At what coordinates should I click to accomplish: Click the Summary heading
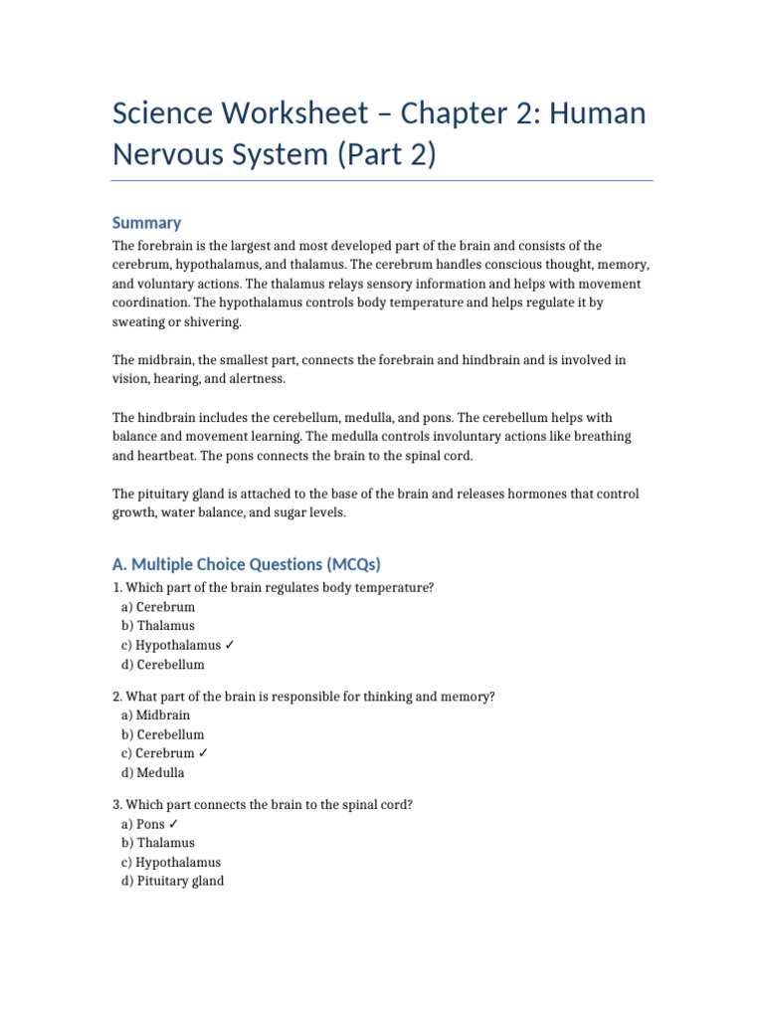tap(146, 223)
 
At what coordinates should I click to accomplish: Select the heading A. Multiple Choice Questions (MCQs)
tap(247, 564)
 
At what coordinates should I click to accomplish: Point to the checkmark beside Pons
tap(174, 824)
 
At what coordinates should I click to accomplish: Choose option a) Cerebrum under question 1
tap(158, 607)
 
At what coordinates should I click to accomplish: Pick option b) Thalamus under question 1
tap(158, 626)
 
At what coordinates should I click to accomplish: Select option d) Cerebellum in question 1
tap(163, 665)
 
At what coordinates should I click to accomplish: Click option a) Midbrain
tap(155, 715)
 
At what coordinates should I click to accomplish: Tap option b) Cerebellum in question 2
tap(163, 734)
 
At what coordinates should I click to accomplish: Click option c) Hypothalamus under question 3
tap(171, 862)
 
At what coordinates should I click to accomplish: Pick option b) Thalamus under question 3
tap(158, 843)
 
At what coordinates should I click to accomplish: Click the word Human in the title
tap(600, 113)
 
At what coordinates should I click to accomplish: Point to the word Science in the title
tap(161, 113)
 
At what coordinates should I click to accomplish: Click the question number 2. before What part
tap(116, 697)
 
